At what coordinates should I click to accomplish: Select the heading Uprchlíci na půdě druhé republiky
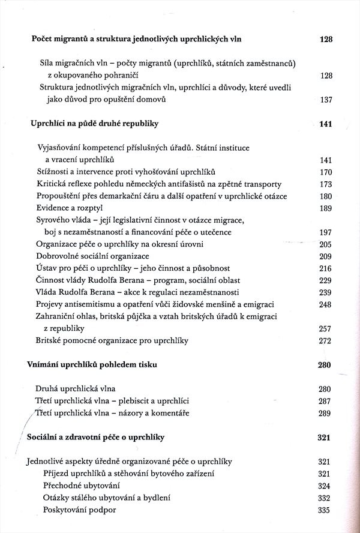[x=94, y=124]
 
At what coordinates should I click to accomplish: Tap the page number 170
[x=326, y=172]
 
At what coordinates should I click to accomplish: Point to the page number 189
[x=326, y=208]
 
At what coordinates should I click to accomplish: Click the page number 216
[x=326, y=268]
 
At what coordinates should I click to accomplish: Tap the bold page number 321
[x=324, y=438]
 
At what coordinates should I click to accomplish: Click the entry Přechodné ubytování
[x=82, y=485]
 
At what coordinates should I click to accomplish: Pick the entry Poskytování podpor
[x=79, y=510]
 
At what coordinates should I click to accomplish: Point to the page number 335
[x=325, y=510]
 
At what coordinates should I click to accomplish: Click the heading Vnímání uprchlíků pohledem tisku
[x=97, y=364]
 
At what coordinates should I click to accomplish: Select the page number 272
[x=326, y=340]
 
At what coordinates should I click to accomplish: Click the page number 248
[x=326, y=304]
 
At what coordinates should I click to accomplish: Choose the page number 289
[x=325, y=413]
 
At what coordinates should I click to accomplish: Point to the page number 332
[x=325, y=498]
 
